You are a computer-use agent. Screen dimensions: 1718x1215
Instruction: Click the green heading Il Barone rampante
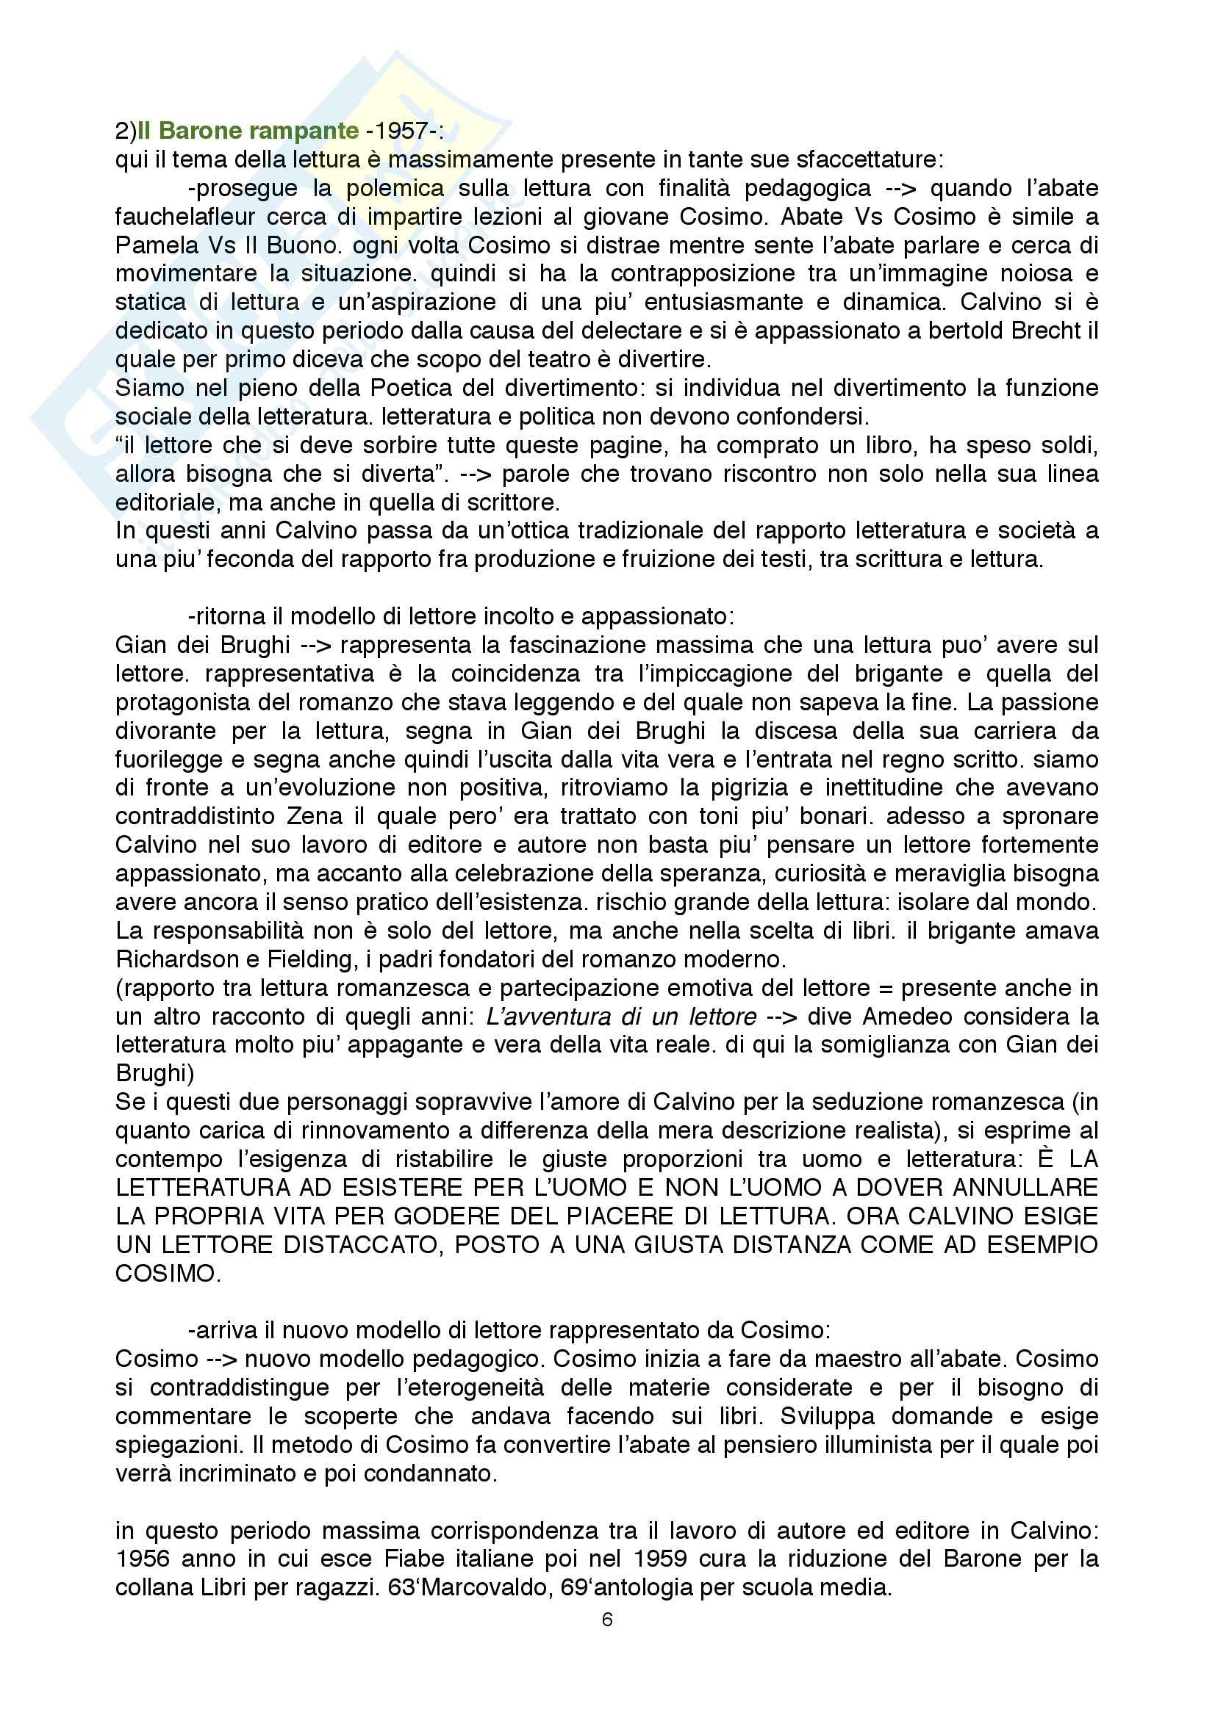tap(248, 131)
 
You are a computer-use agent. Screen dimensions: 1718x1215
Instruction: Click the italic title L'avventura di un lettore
tap(620, 1016)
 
